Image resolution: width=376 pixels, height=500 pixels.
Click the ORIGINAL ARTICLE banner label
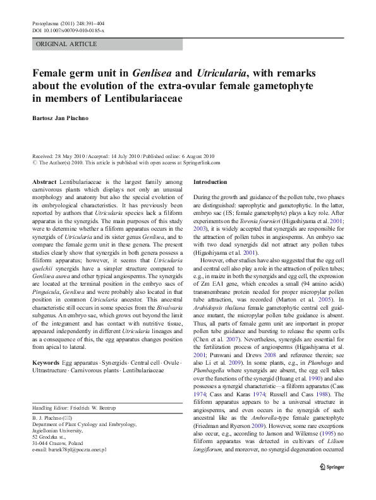(x=68, y=44)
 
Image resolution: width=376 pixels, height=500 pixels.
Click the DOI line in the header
(x=68, y=30)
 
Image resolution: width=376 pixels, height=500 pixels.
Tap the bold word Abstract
(x=46, y=182)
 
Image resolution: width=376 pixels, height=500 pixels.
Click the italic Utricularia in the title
(x=223, y=73)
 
